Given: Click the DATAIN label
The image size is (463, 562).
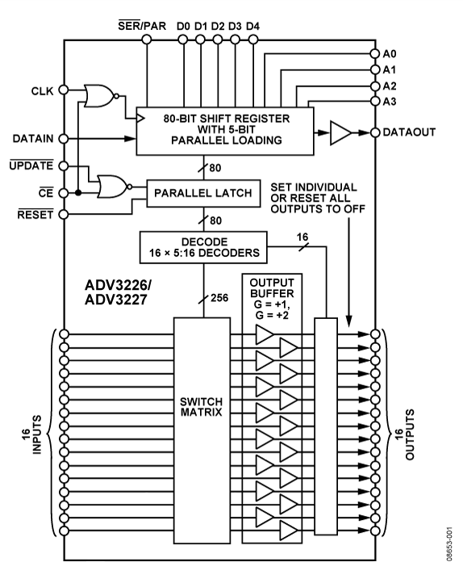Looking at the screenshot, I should [31, 138].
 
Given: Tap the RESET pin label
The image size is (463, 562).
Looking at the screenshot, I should [33, 214].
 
